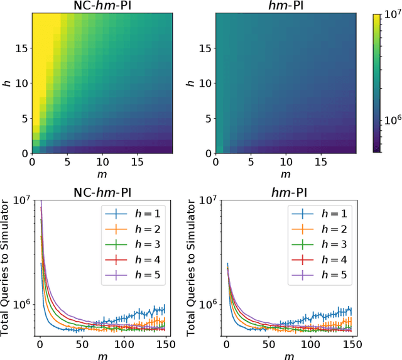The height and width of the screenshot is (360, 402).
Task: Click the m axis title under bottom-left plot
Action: coord(102,356)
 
